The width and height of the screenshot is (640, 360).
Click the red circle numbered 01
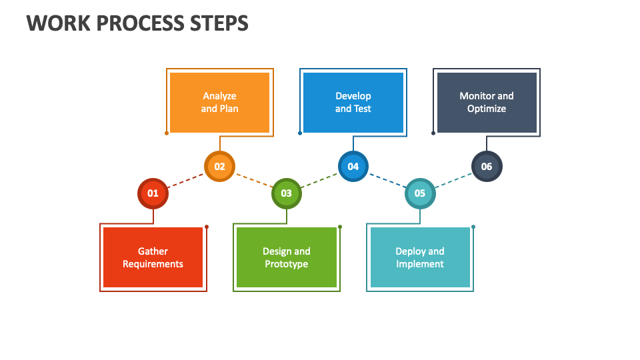[153, 193]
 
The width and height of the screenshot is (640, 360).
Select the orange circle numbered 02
[219, 167]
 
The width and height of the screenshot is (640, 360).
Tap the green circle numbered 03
[286, 193]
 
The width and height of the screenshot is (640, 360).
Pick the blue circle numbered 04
[353, 167]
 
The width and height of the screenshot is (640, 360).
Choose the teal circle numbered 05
[419, 193]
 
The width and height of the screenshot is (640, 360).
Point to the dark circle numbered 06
[486, 167]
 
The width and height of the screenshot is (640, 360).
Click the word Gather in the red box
[153, 251]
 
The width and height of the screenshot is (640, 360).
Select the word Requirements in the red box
[153, 264]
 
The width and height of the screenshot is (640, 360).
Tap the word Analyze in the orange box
[219, 96]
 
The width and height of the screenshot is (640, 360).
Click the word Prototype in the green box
[286, 264]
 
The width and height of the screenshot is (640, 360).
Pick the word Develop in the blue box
[353, 96]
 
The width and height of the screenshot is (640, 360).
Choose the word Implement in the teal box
[419, 264]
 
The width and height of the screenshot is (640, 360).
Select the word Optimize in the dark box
[486, 109]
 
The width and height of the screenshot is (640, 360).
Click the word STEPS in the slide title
[221, 23]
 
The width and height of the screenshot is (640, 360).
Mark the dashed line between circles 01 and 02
[186, 180]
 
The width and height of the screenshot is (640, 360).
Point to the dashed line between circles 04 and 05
[386, 180]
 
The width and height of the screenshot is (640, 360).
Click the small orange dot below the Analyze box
[167, 133]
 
